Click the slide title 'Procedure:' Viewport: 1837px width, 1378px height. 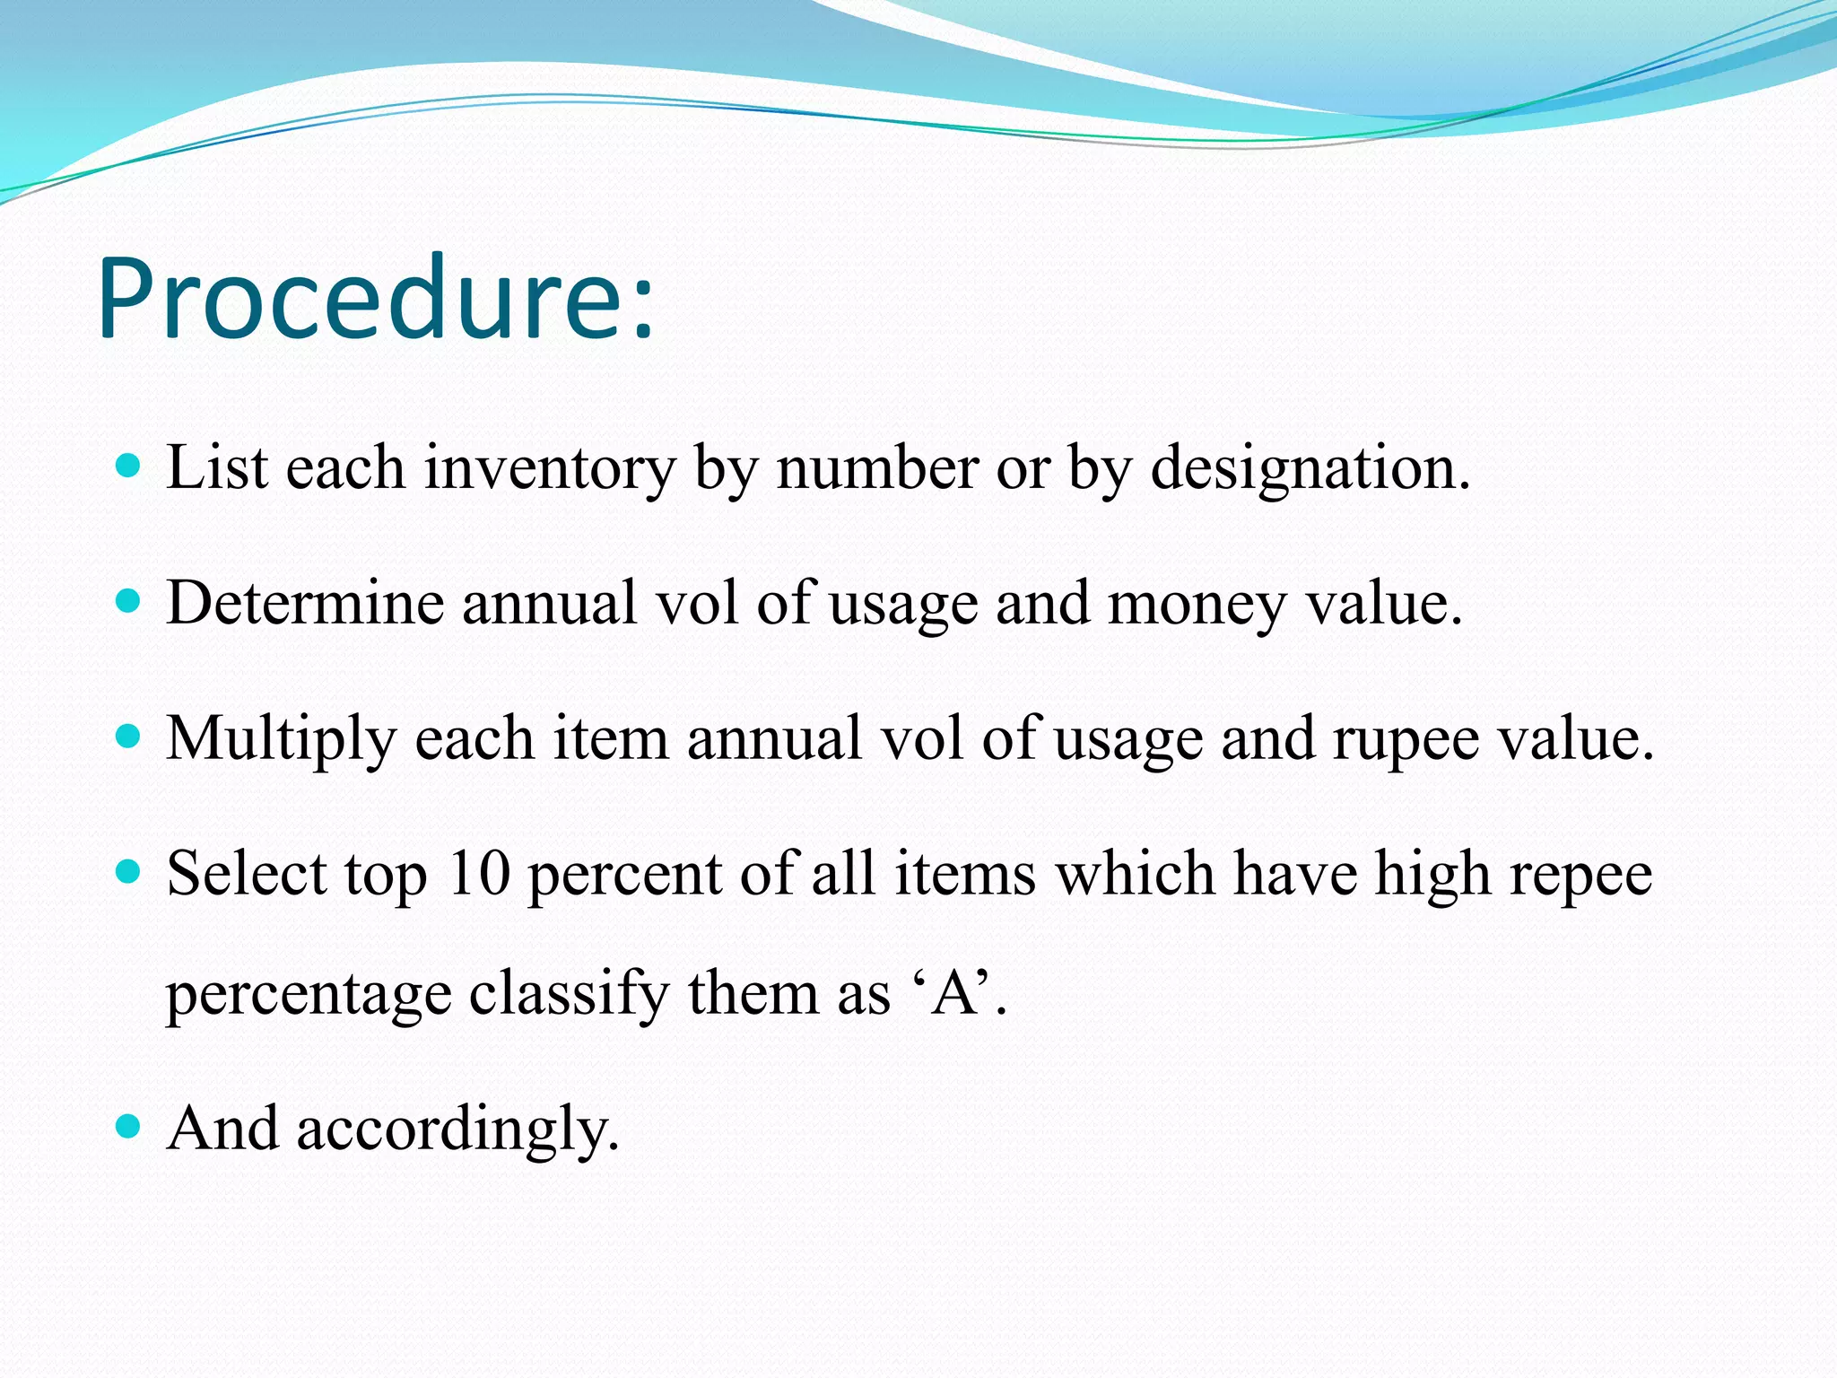tap(377, 299)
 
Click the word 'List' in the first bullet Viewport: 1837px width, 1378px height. tap(217, 467)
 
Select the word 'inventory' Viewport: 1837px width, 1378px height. tap(549, 469)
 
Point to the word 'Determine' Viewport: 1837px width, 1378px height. tap(305, 602)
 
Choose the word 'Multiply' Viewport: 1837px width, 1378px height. tap(282, 739)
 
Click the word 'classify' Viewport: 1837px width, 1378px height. tap(569, 995)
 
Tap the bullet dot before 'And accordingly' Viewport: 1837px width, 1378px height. tap(129, 1126)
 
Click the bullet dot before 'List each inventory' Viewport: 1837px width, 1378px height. tap(129, 466)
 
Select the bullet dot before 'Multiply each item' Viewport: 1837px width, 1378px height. tap(129, 737)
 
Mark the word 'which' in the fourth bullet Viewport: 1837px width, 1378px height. tap(1135, 873)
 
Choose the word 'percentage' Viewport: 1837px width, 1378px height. tap(309, 995)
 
